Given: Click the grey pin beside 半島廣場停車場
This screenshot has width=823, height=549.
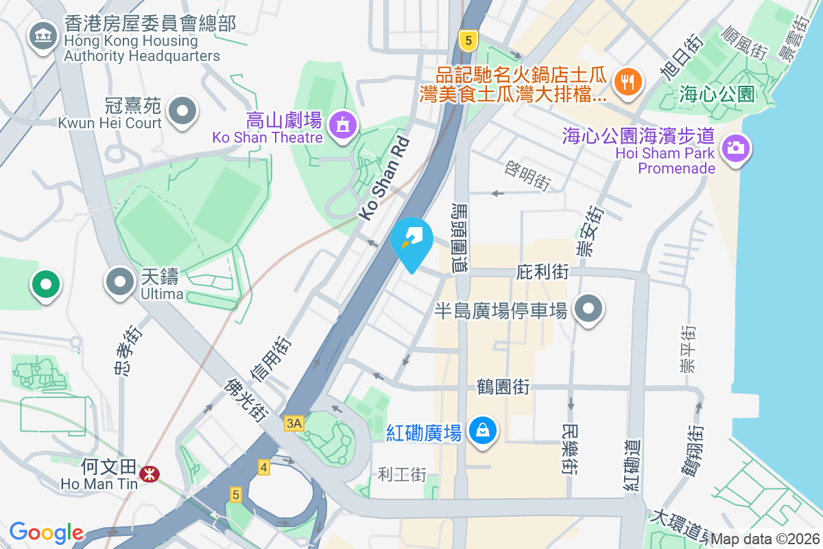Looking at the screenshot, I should [x=588, y=309].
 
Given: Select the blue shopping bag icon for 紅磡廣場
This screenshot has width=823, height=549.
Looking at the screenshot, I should [x=483, y=431].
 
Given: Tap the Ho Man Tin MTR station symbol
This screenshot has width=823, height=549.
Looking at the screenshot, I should [x=147, y=474].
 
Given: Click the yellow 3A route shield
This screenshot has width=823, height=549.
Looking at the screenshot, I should [x=294, y=423].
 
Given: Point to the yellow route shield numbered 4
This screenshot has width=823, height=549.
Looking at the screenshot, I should [x=264, y=467].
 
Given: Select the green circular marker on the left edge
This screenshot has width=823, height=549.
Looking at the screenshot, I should [x=45, y=284].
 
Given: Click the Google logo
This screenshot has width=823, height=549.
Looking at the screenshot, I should [x=46, y=533].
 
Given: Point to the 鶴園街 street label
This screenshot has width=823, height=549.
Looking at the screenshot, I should [x=503, y=387].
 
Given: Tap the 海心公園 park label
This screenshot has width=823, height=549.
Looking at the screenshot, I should [x=717, y=94].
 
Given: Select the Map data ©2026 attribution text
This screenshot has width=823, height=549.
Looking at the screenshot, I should [x=765, y=539].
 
